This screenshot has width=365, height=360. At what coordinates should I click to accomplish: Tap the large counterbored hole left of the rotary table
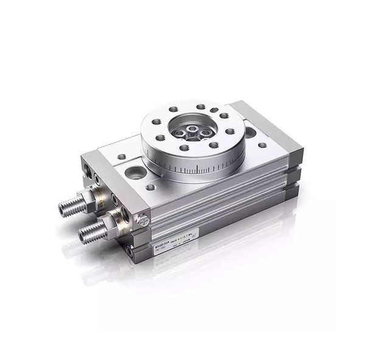[x=136, y=172]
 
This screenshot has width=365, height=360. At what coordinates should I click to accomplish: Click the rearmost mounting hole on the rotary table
[x=200, y=107]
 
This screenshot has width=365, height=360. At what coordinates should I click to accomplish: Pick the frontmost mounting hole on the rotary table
[x=184, y=147]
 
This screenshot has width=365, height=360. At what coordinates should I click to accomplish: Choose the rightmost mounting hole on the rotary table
[x=230, y=130]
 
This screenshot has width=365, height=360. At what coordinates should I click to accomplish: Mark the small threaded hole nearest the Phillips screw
[x=149, y=187]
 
